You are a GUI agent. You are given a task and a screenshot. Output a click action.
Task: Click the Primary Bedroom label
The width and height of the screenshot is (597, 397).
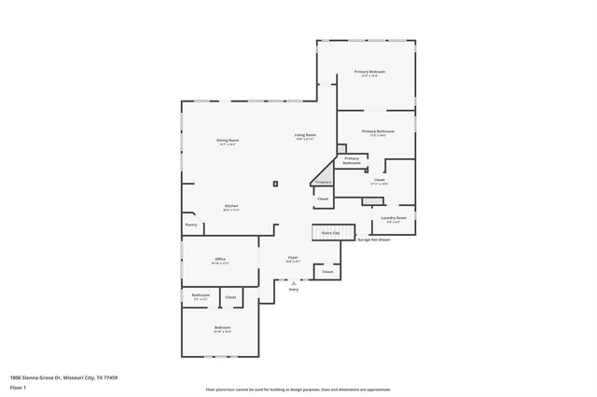click(x=369, y=72)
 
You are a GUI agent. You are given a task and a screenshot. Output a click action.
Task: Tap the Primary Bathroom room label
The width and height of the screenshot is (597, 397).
click(x=378, y=132)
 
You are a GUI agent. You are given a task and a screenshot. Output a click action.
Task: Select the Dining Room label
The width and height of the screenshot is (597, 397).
click(x=228, y=141)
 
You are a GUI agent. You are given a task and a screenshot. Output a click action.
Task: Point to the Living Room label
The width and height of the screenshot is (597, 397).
click(x=305, y=136)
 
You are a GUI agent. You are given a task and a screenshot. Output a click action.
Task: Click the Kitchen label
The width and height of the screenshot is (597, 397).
click(x=230, y=206)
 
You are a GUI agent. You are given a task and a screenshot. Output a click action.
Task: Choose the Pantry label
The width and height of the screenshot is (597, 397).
click(x=190, y=225)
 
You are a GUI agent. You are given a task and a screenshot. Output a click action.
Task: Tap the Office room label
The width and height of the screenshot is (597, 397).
click(x=220, y=259)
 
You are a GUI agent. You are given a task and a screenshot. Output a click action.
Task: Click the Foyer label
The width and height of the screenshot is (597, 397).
click(x=292, y=258)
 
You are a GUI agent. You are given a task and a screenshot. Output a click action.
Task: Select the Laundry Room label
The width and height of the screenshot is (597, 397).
click(x=393, y=218)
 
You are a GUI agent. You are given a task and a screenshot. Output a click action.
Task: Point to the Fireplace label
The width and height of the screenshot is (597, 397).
click(x=322, y=183)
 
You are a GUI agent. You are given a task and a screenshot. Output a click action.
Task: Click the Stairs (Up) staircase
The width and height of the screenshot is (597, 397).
click(x=330, y=232)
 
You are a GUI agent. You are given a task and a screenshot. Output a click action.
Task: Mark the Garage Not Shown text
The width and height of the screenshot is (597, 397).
click(x=374, y=240)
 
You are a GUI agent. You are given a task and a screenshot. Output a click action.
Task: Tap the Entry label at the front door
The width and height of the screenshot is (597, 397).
click(x=293, y=290)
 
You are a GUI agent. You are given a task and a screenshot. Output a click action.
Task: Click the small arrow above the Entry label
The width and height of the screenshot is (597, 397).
click(x=293, y=282)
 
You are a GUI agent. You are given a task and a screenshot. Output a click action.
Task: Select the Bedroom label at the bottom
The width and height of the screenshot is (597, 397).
click(x=222, y=328)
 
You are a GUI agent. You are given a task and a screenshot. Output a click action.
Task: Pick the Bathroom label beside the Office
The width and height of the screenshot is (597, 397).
click(x=201, y=295)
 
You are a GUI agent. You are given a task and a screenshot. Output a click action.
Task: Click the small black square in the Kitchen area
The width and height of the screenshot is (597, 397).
click(x=275, y=183)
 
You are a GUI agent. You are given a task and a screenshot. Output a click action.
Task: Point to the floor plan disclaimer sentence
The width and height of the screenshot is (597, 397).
click(x=298, y=389)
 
